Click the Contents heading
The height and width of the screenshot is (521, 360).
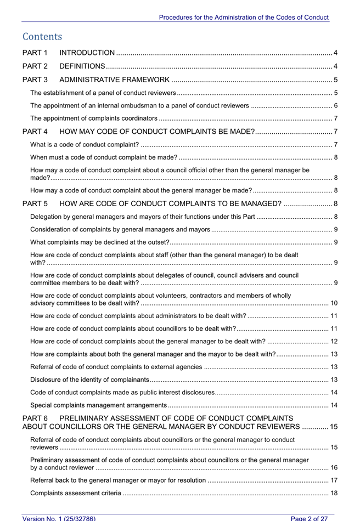point(42,37)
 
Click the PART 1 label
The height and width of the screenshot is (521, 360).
point(35,53)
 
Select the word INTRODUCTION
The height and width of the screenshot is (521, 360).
point(87,53)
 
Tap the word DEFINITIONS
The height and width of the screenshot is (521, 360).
point(82,66)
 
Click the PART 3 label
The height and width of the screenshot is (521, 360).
point(35,80)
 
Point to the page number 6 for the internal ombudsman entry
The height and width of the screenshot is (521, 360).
point(335,105)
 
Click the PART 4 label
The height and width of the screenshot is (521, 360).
point(35,132)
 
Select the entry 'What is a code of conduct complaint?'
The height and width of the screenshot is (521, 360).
point(84,145)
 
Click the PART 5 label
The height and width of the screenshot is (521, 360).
point(35,204)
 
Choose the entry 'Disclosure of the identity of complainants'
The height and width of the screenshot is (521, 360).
point(89,380)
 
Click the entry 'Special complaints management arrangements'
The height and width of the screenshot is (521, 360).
point(98,405)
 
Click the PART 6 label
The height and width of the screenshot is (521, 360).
point(35,419)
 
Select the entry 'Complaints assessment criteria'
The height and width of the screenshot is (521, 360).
point(76,493)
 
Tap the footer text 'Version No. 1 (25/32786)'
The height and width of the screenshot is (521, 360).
point(59,518)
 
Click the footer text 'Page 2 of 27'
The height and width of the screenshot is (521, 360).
point(312,518)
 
